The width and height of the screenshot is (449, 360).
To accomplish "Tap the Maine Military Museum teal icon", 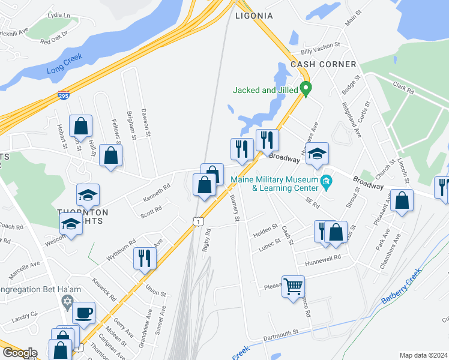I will click(x=327, y=181).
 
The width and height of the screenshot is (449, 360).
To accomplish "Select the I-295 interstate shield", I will click(x=64, y=94).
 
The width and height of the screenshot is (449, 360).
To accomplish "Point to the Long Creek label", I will click(x=64, y=65).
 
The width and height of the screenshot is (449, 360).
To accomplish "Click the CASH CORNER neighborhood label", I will click(x=323, y=64).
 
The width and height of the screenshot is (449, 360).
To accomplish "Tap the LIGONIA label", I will click(x=254, y=16).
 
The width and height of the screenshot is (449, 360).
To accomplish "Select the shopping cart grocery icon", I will click(x=293, y=286).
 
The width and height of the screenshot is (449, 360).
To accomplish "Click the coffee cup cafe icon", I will click(x=83, y=312).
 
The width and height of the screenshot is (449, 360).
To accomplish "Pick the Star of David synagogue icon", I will click(x=67, y=300).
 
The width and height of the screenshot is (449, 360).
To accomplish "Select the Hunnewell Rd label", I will click(x=322, y=257).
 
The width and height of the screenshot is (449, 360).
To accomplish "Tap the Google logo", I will click(x=20, y=353).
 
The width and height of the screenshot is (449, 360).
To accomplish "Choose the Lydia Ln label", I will click(x=59, y=14).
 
